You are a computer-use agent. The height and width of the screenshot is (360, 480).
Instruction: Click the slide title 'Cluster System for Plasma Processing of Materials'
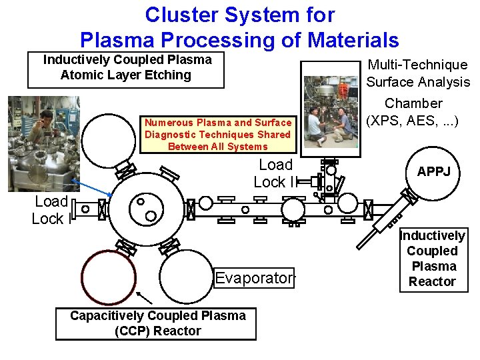239,27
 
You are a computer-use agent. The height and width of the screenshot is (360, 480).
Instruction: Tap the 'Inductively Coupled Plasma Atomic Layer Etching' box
126,69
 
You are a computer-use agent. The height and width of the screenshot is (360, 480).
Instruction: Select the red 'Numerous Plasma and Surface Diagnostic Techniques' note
218,135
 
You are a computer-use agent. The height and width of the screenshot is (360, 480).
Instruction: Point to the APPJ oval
433,172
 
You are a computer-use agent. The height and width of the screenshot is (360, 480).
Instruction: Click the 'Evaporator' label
253,278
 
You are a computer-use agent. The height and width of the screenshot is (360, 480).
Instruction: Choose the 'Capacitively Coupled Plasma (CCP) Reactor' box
158,323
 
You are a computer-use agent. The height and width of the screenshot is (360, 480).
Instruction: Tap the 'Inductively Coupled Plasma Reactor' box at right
432,259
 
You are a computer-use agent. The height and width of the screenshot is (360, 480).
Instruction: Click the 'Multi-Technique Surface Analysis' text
418,73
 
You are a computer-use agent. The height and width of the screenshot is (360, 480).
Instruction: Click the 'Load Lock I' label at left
51,210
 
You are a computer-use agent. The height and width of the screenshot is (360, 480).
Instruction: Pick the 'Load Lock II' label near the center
273,173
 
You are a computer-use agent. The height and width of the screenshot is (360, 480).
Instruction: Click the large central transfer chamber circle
145,209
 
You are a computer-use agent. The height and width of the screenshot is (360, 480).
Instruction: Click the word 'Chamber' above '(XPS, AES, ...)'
413,103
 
